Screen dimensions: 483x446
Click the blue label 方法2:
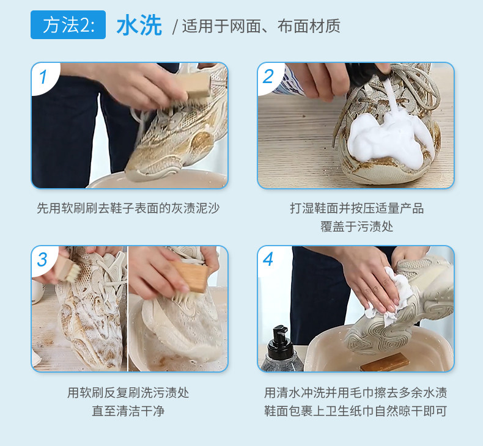tap(68, 24)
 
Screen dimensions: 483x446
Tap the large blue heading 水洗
tap(139, 26)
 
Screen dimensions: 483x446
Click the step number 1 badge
tap(43, 76)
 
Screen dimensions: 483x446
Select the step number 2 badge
tap(268, 76)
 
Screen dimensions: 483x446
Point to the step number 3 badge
tap(43, 260)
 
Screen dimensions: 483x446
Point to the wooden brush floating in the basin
tap(385, 362)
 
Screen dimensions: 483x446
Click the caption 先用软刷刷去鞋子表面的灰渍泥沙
tap(128, 208)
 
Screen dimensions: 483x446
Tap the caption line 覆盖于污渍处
tap(356, 227)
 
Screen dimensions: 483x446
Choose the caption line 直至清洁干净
tap(128, 411)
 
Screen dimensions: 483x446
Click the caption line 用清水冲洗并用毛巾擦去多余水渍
tap(355, 393)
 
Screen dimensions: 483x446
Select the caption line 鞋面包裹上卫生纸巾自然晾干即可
tap(355, 411)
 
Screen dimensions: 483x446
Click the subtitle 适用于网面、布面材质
tap(261, 26)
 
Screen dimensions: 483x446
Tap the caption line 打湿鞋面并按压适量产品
tap(356, 208)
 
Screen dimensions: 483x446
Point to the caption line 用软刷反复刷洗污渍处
tap(128, 393)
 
